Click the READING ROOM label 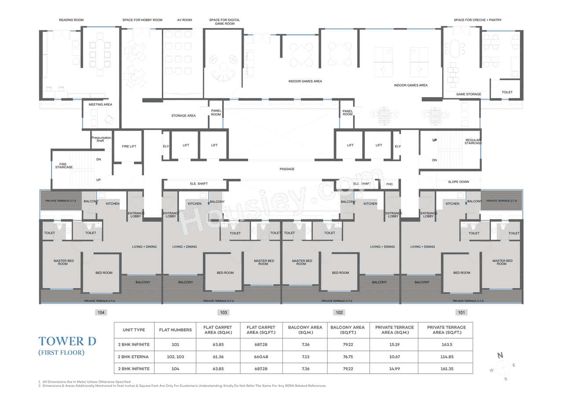pyautogui.click(x=71, y=20)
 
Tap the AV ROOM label pyautogui.click(x=184, y=20)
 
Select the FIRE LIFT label pyautogui.click(x=128, y=146)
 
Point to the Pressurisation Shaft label pyautogui.click(x=100, y=139)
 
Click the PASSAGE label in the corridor pyautogui.click(x=287, y=169)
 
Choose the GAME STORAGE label pyautogui.click(x=468, y=94)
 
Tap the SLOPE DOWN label pyautogui.click(x=458, y=182)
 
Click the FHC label pyautogui.click(x=389, y=184)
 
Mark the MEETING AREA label pyautogui.click(x=100, y=104)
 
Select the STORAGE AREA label pyautogui.click(x=183, y=116)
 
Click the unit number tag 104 pyautogui.click(x=101, y=312)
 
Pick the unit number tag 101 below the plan pyautogui.click(x=461, y=312)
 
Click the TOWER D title pyautogui.click(x=67, y=341)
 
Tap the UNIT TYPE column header pyautogui.click(x=134, y=330)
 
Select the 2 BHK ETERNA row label pyautogui.click(x=134, y=356)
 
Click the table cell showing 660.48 pyautogui.click(x=261, y=356)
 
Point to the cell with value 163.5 pyautogui.click(x=446, y=344)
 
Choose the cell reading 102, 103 pyautogui.click(x=175, y=356)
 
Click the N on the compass pyautogui.click(x=500, y=355)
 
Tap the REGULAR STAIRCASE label pyautogui.click(x=473, y=142)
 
